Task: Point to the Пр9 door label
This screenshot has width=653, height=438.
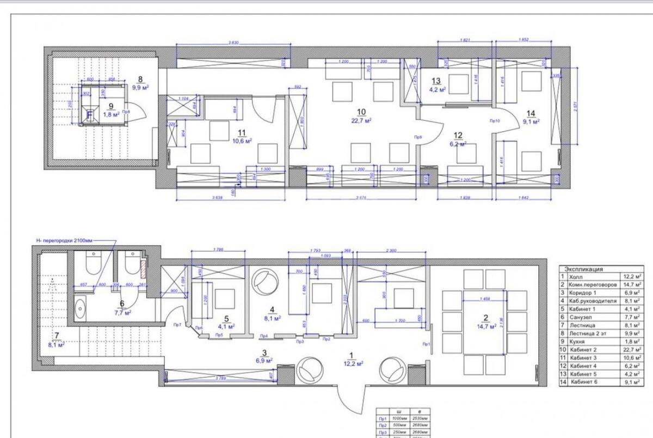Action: coord(418,137)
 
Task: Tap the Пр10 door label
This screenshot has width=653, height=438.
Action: coord(495,120)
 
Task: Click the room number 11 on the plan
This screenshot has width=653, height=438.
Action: coord(242,132)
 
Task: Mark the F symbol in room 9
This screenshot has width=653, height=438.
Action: coord(90,115)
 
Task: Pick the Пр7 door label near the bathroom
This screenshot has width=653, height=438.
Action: coord(177,325)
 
